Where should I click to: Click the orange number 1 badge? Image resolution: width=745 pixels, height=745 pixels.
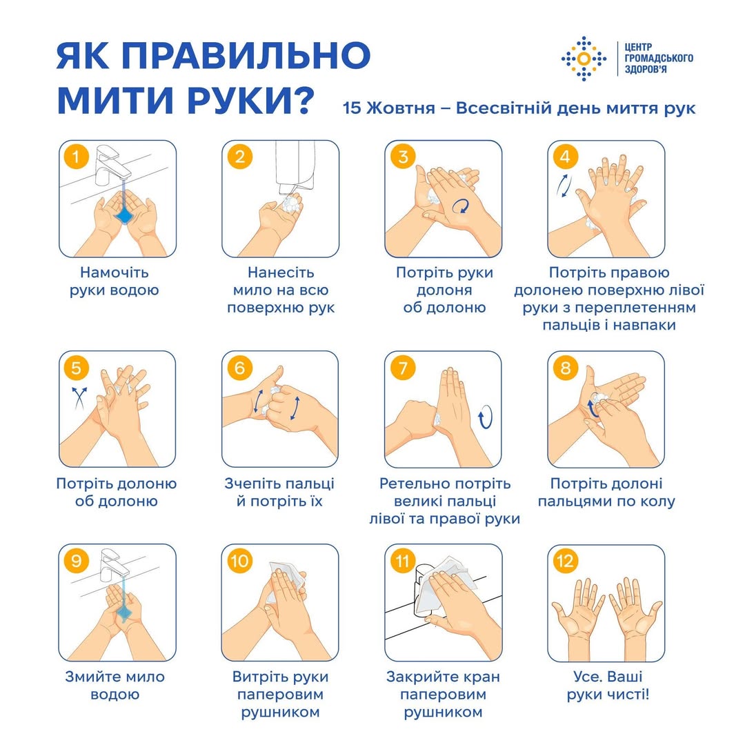[76, 157]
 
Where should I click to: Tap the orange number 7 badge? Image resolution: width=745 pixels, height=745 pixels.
[402, 368]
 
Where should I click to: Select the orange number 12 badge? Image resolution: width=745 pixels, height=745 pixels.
[566, 561]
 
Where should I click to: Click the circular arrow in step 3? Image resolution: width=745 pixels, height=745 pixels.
[461, 206]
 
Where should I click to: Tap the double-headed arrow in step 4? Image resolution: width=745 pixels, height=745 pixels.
[564, 186]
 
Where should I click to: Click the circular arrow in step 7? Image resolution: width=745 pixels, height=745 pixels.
[485, 417]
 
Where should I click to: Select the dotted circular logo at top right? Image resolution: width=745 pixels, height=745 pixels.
[584, 59]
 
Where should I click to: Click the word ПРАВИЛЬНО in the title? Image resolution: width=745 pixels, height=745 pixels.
[246, 55]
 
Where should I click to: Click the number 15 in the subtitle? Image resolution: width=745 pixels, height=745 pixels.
[352, 108]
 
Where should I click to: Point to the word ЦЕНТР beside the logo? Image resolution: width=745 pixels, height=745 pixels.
[639, 48]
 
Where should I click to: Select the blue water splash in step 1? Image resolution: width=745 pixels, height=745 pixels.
[124, 216]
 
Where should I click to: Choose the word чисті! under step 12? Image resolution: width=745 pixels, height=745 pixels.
[628, 695]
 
